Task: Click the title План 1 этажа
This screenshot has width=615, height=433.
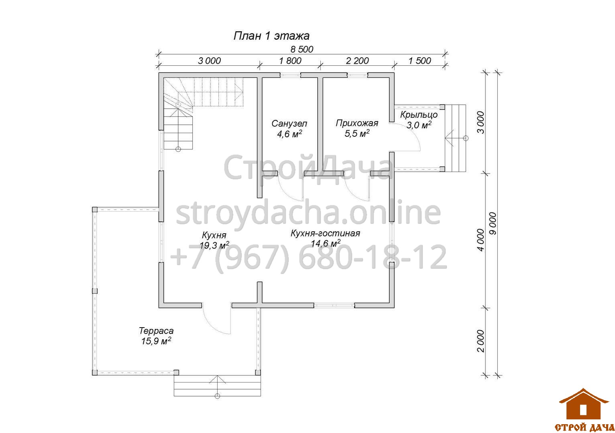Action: click(271, 36)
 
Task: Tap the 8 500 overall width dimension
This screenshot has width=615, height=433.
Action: click(302, 49)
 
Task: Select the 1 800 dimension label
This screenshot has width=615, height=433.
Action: click(290, 61)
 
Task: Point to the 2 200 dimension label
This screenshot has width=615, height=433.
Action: click(357, 61)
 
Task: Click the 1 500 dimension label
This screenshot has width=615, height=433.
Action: click(420, 61)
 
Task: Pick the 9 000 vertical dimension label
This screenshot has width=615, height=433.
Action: click(493, 223)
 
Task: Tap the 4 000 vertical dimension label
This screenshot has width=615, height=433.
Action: click(481, 240)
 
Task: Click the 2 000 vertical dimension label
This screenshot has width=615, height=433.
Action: click(481, 341)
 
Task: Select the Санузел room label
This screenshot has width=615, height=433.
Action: click(289, 123)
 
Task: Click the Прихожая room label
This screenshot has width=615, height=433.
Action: click(357, 123)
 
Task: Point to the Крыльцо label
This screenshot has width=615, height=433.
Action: click(419, 115)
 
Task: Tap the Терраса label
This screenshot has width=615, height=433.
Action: click(156, 331)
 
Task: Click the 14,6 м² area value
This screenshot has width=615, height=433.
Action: click(326, 243)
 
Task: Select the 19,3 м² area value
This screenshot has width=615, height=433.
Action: click(214, 245)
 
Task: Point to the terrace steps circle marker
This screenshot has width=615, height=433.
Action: click(217, 396)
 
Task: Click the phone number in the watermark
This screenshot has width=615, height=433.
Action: click(309, 257)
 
